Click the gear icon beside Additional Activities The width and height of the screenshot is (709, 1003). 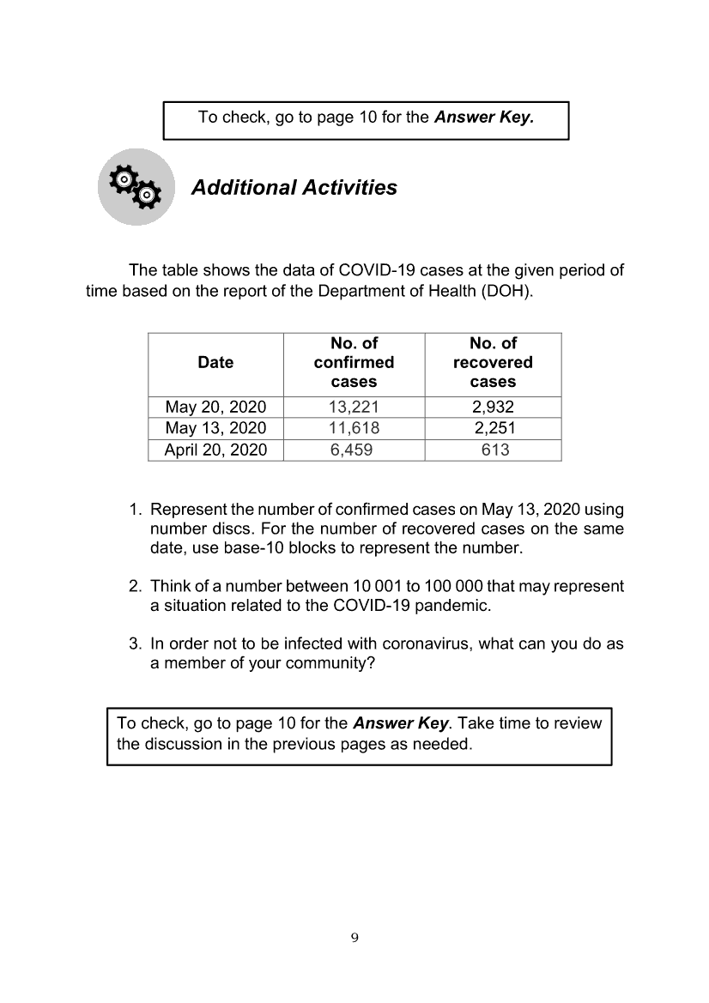tap(136, 187)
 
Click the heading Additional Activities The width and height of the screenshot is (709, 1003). tap(294, 188)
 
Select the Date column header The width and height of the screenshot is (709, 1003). tap(215, 363)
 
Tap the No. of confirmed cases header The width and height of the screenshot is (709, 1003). tap(354, 363)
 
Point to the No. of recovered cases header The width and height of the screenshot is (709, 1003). tap(493, 363)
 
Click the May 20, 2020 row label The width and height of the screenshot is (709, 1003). tap(215, 408)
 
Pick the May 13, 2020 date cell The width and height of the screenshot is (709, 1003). tap(215, 428)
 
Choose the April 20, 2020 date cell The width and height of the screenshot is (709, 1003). tap(215, 450)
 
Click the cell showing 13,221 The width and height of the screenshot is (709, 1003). tap(354, 408)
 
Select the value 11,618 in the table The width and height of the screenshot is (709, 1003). tap(354, 428)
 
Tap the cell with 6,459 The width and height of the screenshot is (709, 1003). tap(352, 450)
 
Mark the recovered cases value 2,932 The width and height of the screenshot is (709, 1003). tap(494, 408)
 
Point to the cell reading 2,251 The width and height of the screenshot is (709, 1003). tap(494, 428)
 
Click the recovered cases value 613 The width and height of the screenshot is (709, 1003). tap(495, 450)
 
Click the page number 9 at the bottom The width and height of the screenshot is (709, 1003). tap(354, 937)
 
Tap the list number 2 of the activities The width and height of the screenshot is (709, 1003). tap(136, 587)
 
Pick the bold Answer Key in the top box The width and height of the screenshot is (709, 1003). tap(484, 117)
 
